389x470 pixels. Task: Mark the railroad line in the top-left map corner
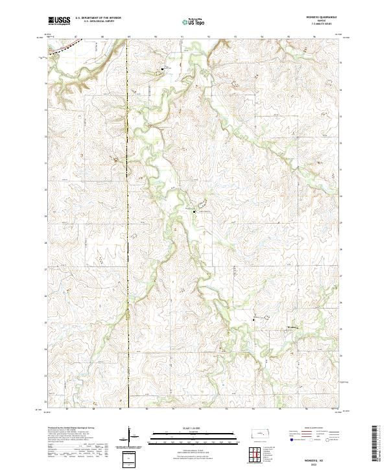(x=65, y=46)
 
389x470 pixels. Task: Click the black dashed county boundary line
(x=128, y=227)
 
